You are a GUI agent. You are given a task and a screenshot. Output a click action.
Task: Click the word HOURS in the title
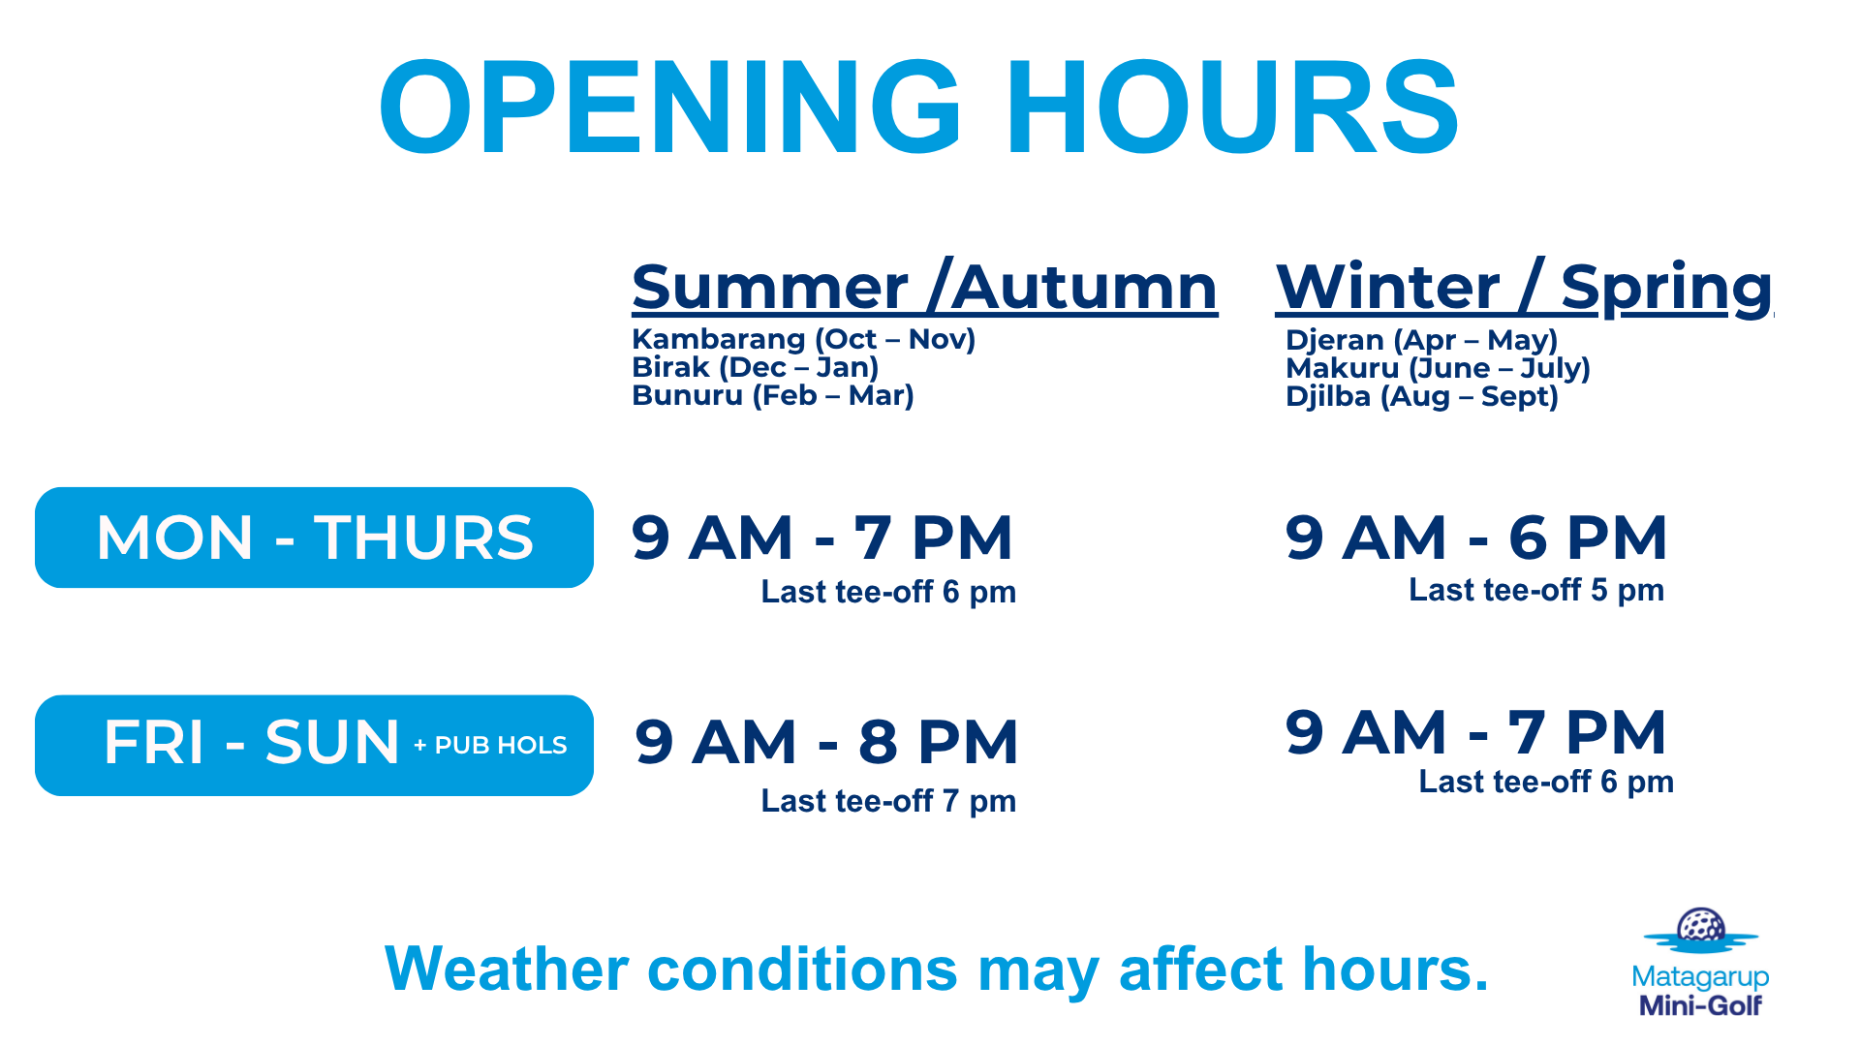[1233, 107]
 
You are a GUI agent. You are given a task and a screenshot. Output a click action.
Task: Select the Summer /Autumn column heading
[924, 288]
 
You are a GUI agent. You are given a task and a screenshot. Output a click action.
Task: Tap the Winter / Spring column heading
[1524, 289]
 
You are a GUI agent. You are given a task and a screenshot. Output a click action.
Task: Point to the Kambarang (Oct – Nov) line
[803, 339]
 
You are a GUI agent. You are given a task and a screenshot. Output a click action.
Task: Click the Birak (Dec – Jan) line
[755, 367]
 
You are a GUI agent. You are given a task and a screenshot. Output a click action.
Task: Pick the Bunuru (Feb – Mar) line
[772, 395]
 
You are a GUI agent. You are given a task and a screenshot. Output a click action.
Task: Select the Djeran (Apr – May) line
[1421, 340]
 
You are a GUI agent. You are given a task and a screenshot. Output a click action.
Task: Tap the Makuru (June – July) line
[1438, 368]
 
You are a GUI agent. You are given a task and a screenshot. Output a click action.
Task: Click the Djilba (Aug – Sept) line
[1421, 396]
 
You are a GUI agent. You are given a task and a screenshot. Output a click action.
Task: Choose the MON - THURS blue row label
[314, 538]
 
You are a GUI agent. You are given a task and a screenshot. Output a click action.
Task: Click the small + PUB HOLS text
[490, 745]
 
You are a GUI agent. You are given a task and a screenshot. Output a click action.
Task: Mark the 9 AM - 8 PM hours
[826, 742]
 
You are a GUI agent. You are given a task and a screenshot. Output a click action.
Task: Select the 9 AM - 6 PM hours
[1476, 538]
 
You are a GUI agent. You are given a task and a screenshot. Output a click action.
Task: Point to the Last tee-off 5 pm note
[1536, 590]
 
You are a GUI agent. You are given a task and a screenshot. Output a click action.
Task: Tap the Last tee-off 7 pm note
[888, 801]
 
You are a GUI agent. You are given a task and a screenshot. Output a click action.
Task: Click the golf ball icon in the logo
[1701, 926]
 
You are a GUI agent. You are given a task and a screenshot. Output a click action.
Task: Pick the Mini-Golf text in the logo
[1700, 1005]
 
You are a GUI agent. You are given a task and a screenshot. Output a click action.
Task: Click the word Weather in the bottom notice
[507, 969]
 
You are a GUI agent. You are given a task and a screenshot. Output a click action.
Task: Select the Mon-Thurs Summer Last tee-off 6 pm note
[888, 592]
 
